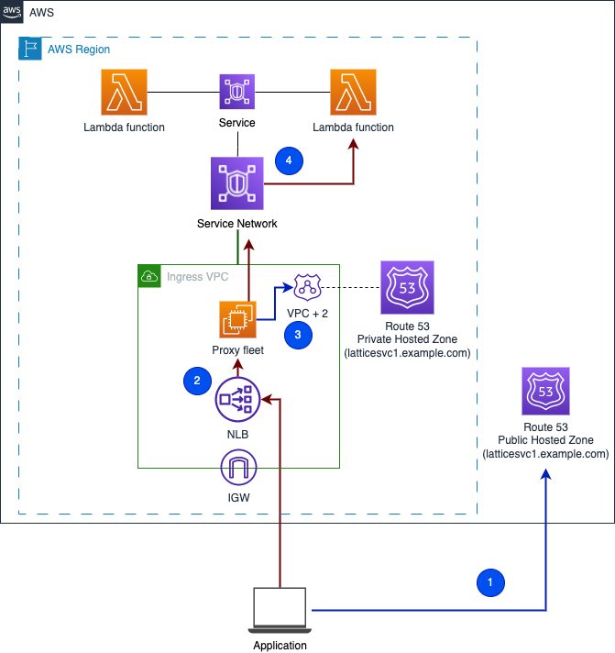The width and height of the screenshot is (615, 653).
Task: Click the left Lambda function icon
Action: click(124, 93)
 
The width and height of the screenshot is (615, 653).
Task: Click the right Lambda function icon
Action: click(353, 93)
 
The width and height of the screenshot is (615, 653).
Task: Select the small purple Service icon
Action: click(237, 93)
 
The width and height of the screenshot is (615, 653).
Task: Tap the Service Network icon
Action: click(237, 183)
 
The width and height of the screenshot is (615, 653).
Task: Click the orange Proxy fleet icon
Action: click(237, 320)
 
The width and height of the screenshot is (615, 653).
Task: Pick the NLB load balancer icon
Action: click(237, 399)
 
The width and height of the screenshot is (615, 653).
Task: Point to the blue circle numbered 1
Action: click(489, 581)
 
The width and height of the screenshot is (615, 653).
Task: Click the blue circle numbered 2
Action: click(196, 380)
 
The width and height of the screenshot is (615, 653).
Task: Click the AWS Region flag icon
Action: click(29, 49)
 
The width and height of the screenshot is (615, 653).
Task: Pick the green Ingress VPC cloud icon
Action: click(148, 275)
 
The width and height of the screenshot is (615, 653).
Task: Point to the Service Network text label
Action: click(237, 223)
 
